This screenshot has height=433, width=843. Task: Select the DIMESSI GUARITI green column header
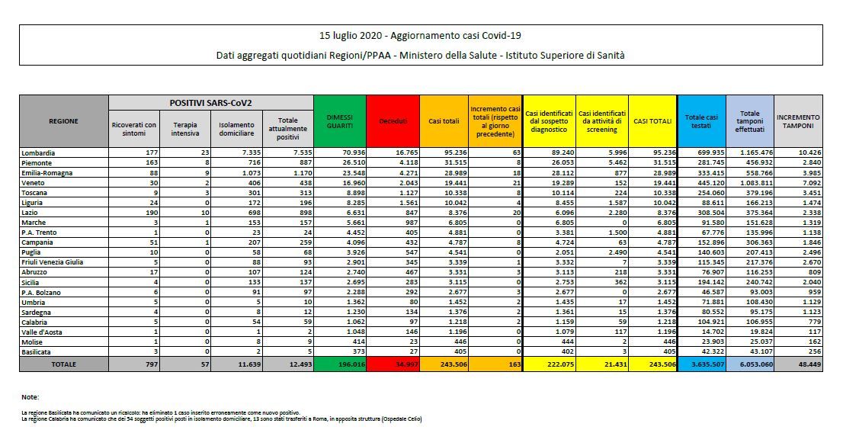click(339, 120)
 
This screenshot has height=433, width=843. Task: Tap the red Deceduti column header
click(393, 120)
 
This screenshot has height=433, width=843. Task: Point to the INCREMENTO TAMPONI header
click(798, 120)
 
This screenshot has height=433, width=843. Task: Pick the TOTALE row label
click(63, 365)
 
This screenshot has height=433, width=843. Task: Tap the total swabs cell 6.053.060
click(752, 365)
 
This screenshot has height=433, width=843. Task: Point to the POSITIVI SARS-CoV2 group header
click(211, 101)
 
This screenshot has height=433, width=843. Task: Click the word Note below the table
click(30, 397)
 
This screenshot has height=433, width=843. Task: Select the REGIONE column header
click(63, 120)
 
